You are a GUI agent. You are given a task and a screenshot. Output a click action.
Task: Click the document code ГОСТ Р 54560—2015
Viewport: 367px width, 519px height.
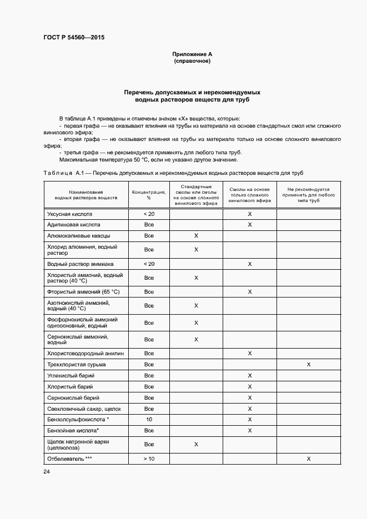pos(74,38)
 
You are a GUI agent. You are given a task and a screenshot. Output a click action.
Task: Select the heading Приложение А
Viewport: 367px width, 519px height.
pos(192,54)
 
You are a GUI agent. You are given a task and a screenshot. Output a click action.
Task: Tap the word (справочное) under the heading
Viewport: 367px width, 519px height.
pos(192,61)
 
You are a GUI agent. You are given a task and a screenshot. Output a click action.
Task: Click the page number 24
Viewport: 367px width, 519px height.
pos(46,471)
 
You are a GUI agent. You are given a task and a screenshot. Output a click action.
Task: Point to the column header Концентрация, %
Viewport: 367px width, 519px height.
pos(149,194)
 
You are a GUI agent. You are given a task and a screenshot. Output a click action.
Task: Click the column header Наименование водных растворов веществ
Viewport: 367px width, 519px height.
pos(86,194)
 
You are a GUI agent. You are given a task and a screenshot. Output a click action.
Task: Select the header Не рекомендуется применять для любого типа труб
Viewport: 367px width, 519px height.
pos(308,194)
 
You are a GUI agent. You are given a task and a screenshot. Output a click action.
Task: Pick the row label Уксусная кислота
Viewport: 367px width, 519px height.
pos(69,214)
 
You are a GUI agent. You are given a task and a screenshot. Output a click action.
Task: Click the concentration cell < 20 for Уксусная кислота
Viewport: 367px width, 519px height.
pos(149,214)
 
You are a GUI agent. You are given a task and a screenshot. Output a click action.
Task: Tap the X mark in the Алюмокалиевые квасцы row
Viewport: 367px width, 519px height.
pos(196,236)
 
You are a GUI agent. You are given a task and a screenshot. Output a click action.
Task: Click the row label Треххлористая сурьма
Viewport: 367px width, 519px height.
pos(77,365)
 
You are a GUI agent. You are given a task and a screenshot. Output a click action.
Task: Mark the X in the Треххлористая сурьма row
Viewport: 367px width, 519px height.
pos(308,365)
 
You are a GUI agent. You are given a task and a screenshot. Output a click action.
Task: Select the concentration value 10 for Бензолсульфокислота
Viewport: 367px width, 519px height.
pos(149,420)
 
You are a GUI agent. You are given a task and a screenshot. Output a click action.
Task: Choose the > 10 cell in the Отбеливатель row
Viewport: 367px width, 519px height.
pos(149,459)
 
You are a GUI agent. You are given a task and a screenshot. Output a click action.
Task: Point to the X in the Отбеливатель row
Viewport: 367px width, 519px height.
pos(308,459)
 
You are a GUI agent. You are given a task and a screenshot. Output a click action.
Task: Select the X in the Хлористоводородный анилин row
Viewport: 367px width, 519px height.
pos(249,354)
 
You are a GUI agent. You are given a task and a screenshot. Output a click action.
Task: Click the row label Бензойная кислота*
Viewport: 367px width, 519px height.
pos(73,431)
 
